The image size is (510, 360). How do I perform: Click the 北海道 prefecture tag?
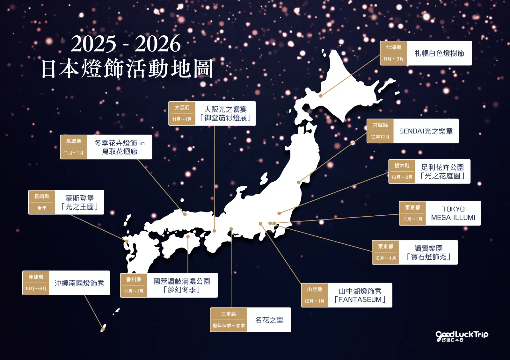pyautogui.click(x=393, y=47)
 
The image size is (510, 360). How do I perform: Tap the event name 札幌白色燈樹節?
pyautogui.click(x=439, y=54)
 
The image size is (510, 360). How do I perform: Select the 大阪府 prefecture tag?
pyautogui.click(x=182, y=108)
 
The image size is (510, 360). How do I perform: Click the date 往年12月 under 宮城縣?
pyautogui.click(x=380, y=137)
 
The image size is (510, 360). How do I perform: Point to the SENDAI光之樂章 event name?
pyautogui.click(x=426, y=131)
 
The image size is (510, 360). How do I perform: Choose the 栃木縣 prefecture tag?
pyautogui.click(x=402, y=166)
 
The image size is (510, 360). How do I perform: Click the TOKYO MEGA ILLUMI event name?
pyautogui.click(x=453, y=213)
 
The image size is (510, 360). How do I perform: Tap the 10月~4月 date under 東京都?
pyautogui.click(x=385, y=258)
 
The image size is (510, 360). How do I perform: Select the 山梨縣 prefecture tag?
pyautogui.click(x=314, y=289)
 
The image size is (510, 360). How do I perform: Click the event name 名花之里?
pyautogui.click(x=269, y=320)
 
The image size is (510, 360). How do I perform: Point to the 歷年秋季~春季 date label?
pyautogui.click(x=229, y=326)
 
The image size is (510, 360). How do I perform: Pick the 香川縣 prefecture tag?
pyautogui.click(x=134, y=279)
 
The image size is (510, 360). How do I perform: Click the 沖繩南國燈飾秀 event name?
pyautogui.click(x=79, y=283)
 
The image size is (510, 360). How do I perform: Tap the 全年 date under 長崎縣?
pyautogui.click(x=42, y=208)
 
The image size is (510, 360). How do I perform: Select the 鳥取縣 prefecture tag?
pyautogui.click(x=74, y=141)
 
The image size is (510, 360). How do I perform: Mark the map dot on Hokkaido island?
pyautogui.click(x=321, y=96)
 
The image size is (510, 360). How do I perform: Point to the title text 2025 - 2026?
pyautogui.click(x=126, y=44)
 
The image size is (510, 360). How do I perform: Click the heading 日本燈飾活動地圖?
pyautogui.click(x=127, y=68)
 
